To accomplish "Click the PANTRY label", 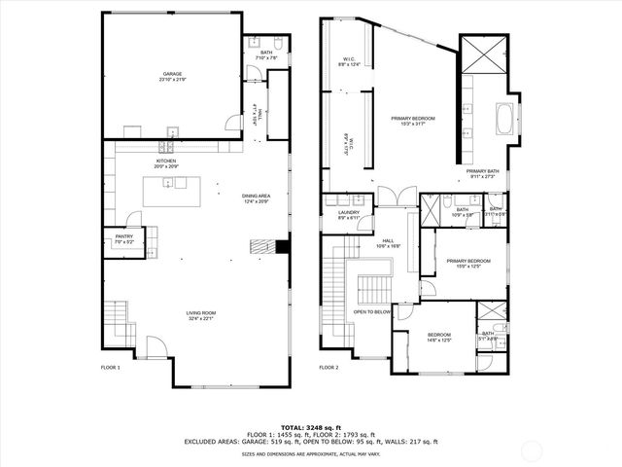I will click(x=123, y=237).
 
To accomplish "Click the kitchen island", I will click(x=178, y=192).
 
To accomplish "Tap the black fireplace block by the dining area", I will click(x=281, y=247).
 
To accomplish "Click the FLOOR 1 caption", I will click(x=111, y=368).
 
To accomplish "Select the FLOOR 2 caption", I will click(x=329, y=368).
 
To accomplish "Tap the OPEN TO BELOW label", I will click(x=372, y=312).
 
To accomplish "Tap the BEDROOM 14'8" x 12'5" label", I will click(x=439, y=337).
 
